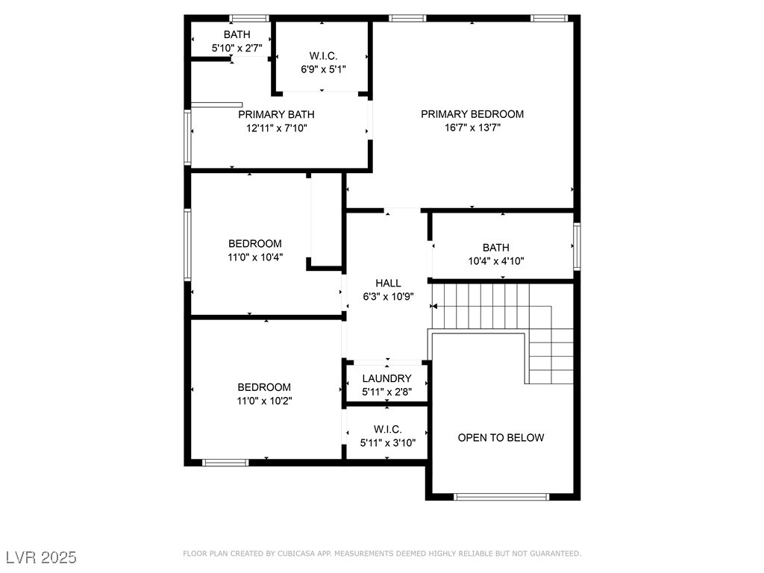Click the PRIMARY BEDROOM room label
pos(472,114)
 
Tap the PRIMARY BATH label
pos(276,114)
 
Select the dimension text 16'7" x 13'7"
pos(472,128)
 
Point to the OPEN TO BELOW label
pos(501,437)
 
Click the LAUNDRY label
pos(387,378)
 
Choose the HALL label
pos(388,283)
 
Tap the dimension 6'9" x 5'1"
pos(324,69)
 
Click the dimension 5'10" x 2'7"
pos(237,48)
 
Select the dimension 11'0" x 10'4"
pos(255,257)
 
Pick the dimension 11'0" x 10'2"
pos(265,401)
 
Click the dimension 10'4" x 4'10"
pos(496,261)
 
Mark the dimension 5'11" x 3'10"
pos(388,443)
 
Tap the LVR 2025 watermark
pos(42,557)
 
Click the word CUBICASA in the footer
pos(297,554)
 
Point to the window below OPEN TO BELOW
pos(501,497)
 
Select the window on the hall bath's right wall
pos(577,246)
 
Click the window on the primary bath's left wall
pos(187,137)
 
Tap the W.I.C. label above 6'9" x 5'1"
pos(324,56)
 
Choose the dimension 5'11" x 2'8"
pos(387,392)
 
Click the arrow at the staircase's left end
pos(433,307)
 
